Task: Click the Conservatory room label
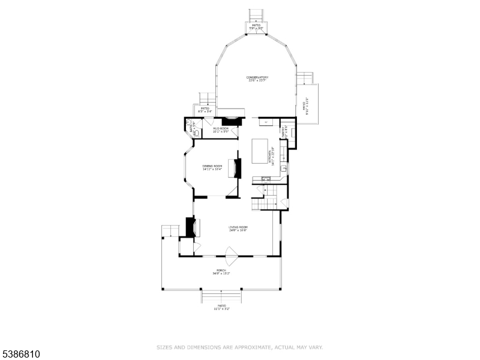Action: [257, 79]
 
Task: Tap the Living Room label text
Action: [238, 229]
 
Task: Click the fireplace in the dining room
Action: [238, 167]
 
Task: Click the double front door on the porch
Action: [231, 257]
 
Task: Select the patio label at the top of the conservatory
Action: [256, 26]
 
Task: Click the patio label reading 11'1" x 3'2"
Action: [221, 308]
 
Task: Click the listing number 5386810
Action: [21, 355]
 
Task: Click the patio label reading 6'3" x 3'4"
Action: [204, 110]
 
